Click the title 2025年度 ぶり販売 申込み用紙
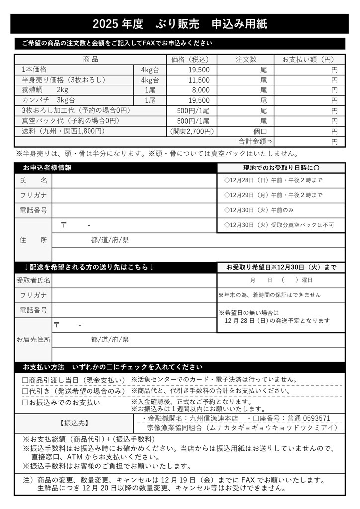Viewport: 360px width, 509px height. [x=180, y=24]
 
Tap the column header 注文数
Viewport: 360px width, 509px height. [x=246, y=60]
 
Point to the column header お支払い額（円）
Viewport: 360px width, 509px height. [x=308, y=60]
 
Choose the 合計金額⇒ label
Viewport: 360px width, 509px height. [x=256, y=141]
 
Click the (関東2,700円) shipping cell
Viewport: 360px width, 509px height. [x=192, y=131]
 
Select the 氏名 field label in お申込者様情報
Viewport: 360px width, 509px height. [x=34, y=180]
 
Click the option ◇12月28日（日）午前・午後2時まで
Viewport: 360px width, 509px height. [x=273, y=180]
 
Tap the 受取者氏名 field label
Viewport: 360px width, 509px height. [x=34, y=280]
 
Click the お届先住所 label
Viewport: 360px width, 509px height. [x=34, y=340]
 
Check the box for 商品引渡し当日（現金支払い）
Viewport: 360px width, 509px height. [x=25, y=380]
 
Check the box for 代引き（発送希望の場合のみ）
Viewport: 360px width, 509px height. [x=25, y=391]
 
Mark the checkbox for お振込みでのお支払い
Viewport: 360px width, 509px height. [x=25, y=402]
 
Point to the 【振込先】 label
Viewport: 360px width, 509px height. [x=74, y=423]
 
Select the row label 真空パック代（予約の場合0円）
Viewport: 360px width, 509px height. [x=71, y=121]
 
